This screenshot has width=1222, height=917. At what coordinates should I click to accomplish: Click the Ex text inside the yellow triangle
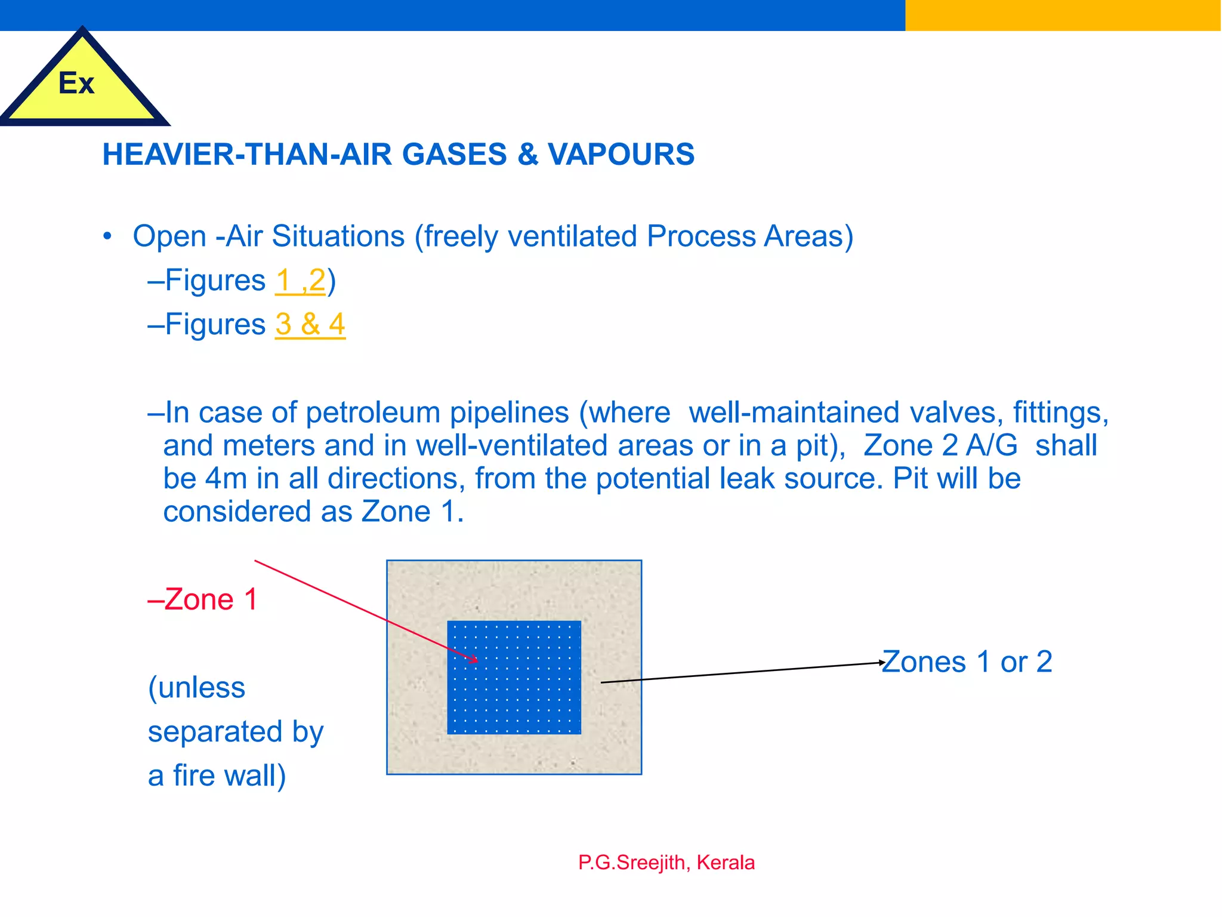pos(76,83)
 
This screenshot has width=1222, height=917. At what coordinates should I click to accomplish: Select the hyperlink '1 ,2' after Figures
pos(301,281)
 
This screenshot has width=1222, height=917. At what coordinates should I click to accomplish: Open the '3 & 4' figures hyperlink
pos(310,325)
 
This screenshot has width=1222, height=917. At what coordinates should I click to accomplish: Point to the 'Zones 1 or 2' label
pos(967,662)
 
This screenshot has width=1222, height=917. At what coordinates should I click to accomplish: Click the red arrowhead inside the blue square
pos(474,659)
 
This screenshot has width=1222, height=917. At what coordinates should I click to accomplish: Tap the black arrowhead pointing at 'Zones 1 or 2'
pos(881,663)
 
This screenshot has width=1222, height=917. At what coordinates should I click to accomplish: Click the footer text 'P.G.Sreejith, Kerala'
pos(666,863)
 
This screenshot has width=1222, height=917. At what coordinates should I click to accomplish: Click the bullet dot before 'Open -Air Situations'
pos(107,237)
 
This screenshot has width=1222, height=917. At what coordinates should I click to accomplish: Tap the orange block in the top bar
pos(1063,15)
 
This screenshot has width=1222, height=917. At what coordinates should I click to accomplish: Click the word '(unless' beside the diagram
pos(196,688)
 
